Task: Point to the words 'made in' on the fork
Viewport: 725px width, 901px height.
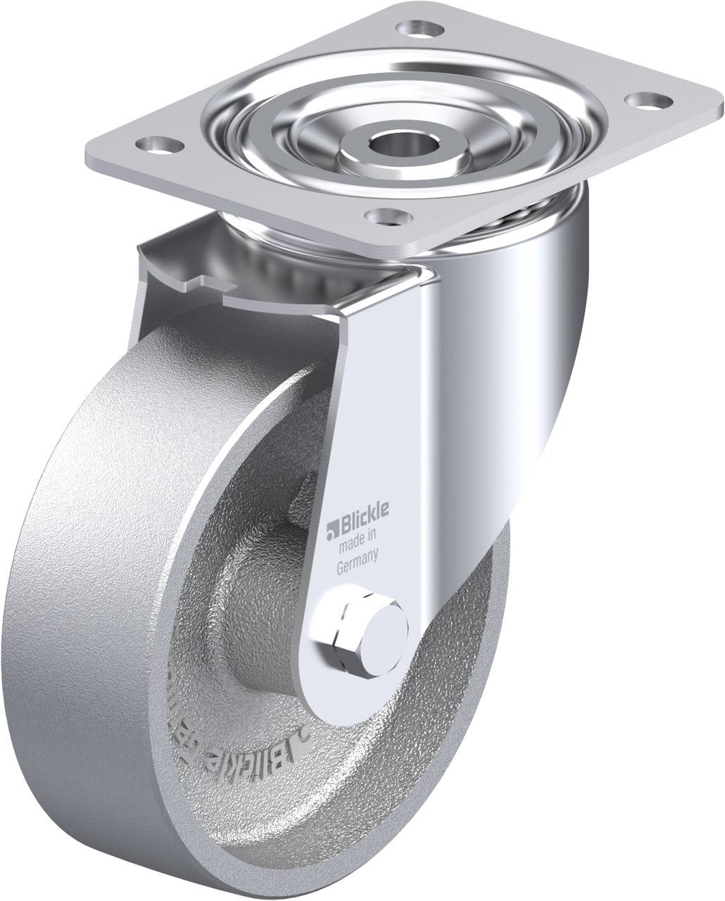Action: click(359, 541)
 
